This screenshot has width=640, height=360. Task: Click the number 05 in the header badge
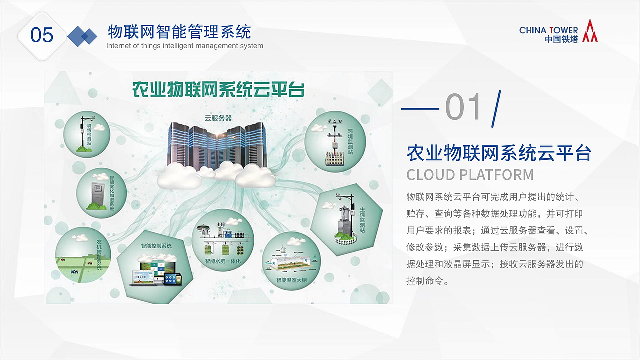click(42, 35)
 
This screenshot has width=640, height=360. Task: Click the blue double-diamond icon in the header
click(82, 36)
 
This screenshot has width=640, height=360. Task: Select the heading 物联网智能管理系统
click(179, 32)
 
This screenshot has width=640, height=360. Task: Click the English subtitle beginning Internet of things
click(185, 46)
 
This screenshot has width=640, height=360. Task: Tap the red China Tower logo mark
click(590, 31)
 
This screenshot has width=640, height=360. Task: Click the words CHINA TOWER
click(548, 30)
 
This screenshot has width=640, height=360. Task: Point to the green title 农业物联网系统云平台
click(218, 90)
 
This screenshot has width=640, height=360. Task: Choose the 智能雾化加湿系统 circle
click(101, 192)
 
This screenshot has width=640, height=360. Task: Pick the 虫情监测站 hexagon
click(346, 219)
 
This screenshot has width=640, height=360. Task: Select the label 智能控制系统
click(156, 246)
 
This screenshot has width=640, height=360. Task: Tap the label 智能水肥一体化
click(222, 261)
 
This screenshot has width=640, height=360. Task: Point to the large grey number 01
click(464, 107)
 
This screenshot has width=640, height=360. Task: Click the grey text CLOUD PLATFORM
click(470, 175)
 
